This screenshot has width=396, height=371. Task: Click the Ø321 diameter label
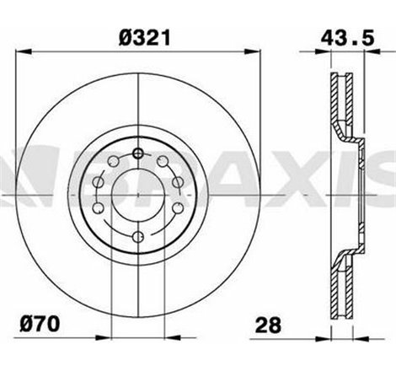pyautogui.click(x=137, y=37)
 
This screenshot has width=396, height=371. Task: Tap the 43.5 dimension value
pyautogui.click(x=343, y=37)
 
